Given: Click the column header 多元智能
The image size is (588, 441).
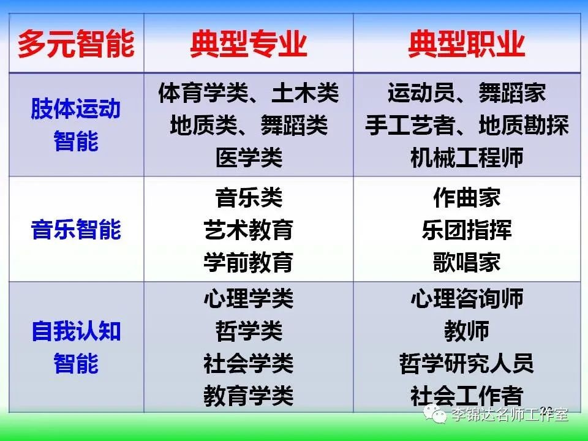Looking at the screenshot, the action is click(x=76, y=44).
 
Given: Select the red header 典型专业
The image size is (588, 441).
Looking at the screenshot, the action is click(x=248, y=44).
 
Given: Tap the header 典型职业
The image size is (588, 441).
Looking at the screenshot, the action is click(x=467, y=44).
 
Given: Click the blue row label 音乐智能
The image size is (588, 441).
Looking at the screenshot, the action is click(x=76, y=229).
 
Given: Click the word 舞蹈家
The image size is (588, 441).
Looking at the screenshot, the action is click(x=512, y=92).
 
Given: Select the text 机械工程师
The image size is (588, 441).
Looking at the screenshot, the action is click(x=467, y=157).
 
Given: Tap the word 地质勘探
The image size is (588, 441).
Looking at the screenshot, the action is click(x=524, y=125).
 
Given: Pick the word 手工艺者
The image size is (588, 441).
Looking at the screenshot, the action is click(x=410, y=125).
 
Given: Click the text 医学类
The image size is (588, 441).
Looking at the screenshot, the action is click(x=249, y=157).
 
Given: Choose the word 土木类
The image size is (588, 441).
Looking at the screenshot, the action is click(x=305, y=92).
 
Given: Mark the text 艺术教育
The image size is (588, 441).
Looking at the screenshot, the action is click(x=248, y=229).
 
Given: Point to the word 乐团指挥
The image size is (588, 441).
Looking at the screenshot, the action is click(x=467, y=229).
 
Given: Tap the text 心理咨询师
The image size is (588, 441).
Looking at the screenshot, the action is click(x=467, y=298).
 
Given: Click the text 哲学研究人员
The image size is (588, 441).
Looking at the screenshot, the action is click(x=467, y=363).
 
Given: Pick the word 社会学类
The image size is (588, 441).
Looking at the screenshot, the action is click(x=248, y=363).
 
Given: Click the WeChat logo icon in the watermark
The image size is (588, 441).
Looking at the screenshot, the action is click(x=435, y=414).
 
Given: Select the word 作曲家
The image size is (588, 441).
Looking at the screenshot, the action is click(x=467, y=197).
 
